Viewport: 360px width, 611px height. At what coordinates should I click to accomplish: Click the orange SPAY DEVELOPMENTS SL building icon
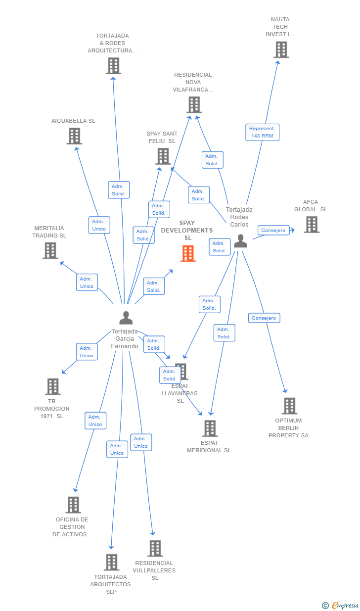pyautogui.click(x=188, y=253)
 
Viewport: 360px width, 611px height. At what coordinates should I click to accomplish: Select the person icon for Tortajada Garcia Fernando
pyautogui.click(x=126, y=318)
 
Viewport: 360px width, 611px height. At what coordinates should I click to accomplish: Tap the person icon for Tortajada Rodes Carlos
pyautogui.click(x=240, y=241)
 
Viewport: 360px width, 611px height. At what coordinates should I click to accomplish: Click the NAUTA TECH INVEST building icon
pyautogui.click(x=281, y=49)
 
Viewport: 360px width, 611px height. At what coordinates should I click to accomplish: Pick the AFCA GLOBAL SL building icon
pyautogui.click(x=311, y=224)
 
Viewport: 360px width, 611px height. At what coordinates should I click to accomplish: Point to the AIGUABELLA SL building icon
pyautogui.click(x=74, y=136)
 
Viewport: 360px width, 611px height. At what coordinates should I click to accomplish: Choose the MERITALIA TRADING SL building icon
pyautogui.click(x=50, y=250)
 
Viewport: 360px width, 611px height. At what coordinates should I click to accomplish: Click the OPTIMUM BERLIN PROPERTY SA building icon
pyautogui.click(x=289, y=406)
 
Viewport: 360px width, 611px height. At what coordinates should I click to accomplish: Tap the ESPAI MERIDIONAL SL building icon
pyautogui.click(x=210, y=428)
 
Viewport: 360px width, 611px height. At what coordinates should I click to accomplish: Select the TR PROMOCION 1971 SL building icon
pyautogui.click(x=52, y=386)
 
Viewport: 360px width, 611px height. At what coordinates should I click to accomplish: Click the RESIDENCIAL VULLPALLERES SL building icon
pyautogui.click(x=155, y=548)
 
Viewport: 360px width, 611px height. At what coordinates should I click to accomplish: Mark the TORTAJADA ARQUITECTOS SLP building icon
pyautogui.click(x=111, y=562)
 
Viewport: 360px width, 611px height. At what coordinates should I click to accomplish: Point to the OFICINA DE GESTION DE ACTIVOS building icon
pyautogui.click(x=73, y=505)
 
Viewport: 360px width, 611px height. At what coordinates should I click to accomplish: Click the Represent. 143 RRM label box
pyautogui.click(x=262, y=132)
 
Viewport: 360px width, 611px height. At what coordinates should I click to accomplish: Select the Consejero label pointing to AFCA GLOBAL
pyautogui.click(x=273, y=231)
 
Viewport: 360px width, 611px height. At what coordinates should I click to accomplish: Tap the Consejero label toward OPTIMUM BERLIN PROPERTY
pyautogui.click(x=264, y=318)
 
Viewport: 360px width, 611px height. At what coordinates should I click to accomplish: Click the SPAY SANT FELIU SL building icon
pyautogui.click(x=163, y=156)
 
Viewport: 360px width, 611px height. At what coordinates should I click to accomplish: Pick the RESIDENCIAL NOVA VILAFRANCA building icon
pyautogui.click(x=194, y=104)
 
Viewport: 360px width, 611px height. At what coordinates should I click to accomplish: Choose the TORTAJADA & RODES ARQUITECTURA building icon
pyautogui.click(x=113, y=65)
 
